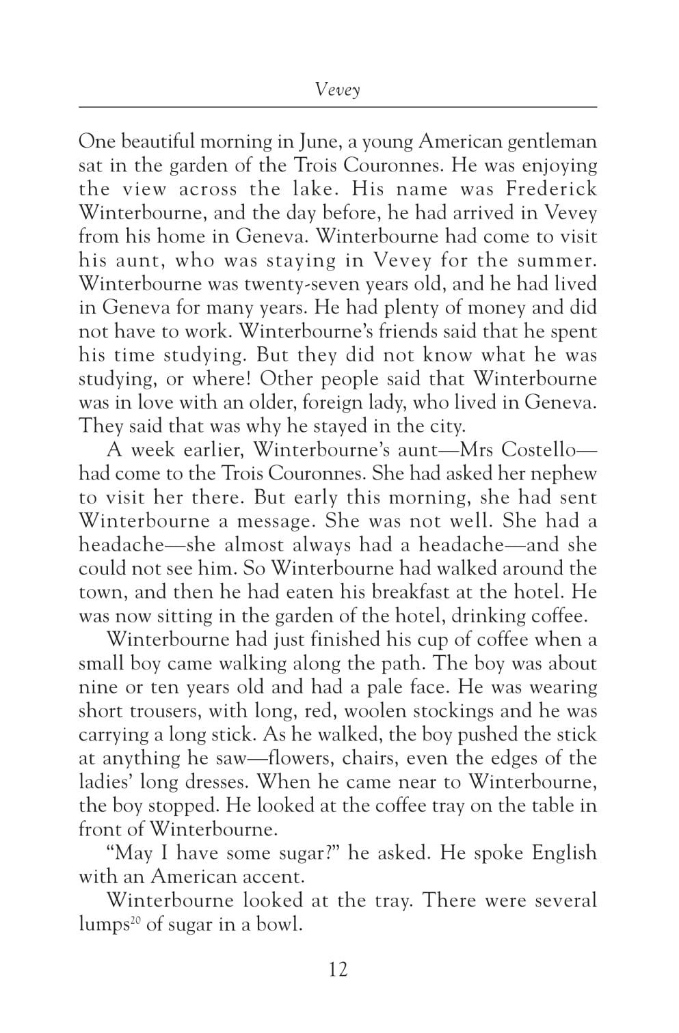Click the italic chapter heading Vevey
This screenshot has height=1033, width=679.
(x=338, y=89)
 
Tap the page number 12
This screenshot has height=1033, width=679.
(x=338, y=969)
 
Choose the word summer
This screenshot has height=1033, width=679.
(x=552, y=260)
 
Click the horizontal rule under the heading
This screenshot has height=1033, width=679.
(x=338, y=107)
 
